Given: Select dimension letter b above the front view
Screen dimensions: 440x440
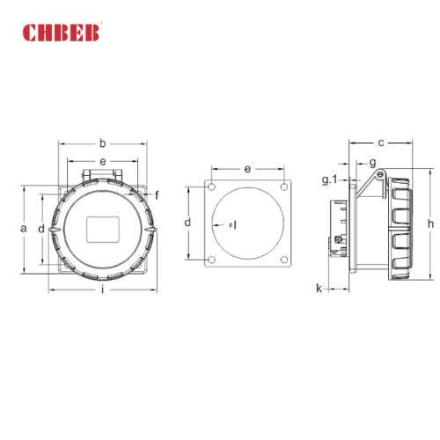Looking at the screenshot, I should click(x=103, y=143).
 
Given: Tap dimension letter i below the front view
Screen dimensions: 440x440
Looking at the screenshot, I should click(x=104, y=290).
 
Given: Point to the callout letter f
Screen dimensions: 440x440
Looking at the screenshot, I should click(x=157, y=194).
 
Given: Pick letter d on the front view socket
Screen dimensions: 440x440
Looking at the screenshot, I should click(x=41, y=229).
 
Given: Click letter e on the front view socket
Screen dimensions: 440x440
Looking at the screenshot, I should click(x=103, y=162).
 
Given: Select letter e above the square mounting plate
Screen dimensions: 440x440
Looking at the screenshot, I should click(x=248, y=168).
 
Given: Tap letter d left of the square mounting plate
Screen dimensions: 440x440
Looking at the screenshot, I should click(x=187, y=223).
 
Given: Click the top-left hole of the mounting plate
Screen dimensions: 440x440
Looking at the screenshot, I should click(x=212, y=187).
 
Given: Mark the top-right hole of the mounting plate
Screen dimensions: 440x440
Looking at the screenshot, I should click(x=283, y=187).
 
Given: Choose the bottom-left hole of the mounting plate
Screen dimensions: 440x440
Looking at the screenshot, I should click(x=212, y=258).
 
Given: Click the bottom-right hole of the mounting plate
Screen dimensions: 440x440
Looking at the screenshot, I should click(x=283, y=258).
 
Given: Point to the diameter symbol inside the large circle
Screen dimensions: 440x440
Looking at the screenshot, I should click(x=231, y=224).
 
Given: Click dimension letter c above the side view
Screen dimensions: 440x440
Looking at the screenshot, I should click(x=380, y=142).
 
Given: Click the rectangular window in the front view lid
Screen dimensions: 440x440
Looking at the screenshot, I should click(x=103, y=229).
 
